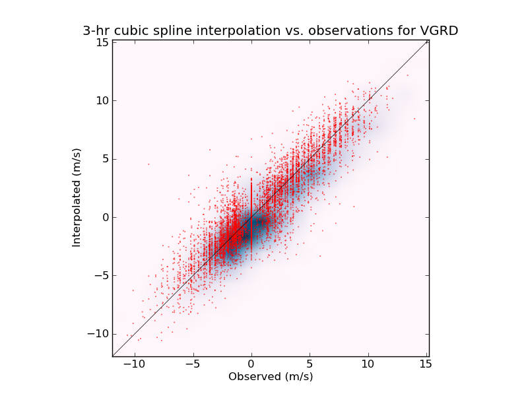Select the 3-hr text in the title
pos(96,31)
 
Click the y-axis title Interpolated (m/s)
pos(77,197)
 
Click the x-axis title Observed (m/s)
pos(271,377)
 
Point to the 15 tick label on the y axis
pos(101,42)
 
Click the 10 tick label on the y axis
pos(101,100)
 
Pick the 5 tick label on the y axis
pos(104,158)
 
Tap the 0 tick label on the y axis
pos(104,217)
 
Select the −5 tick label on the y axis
pos(100,275)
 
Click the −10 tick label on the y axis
pos(98,333)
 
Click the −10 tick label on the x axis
pos(134,364)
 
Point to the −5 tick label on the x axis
pos(192,364)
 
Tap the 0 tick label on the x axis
pos(251,364)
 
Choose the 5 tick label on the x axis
pos(309,364)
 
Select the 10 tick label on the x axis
pos(367,364)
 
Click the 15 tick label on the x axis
pos(425,364)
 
